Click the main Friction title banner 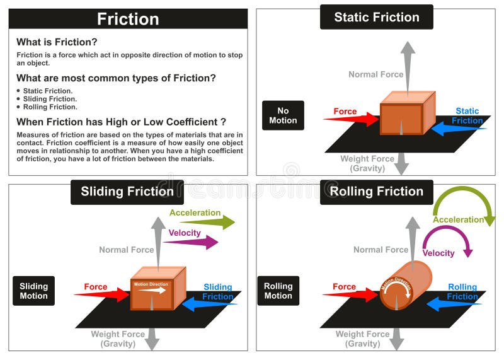tap(128, 19)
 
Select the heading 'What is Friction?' tap(57, 42)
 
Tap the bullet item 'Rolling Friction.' tap(50, 107)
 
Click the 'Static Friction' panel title tap(376, 18)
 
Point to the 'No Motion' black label tap(283, 115)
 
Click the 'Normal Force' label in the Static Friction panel tap(376, 74)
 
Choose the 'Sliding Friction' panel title tap(127, 192)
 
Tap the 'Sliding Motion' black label tap(33, 291)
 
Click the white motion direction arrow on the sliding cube tap(152, 291)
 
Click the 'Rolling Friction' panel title tap(377, 192)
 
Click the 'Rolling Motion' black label tap(278, 291)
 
